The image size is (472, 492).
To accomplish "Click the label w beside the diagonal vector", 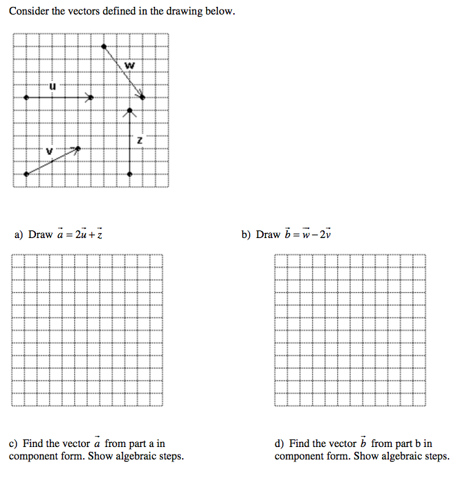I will (129, 66).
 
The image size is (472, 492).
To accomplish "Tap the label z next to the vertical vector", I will (140, 140).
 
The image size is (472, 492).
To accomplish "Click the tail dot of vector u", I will (26, 98).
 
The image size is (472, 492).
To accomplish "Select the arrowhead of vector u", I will (90, 98).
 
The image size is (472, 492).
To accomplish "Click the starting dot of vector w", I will (104, 46).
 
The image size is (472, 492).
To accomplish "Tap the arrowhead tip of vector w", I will (143, 97).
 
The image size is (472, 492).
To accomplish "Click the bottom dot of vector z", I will (130, 174).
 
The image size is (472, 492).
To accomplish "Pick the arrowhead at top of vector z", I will (130, 111).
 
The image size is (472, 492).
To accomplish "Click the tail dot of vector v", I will (26, 174).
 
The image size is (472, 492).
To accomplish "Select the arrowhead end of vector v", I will (76, 149).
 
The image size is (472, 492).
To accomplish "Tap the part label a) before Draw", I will (19, 235).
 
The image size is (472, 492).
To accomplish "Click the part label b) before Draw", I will (246, 235).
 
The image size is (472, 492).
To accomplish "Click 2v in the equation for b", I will (325, 235).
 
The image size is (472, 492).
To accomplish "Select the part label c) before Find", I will (13, 444).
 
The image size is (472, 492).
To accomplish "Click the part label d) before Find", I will (280, 444).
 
